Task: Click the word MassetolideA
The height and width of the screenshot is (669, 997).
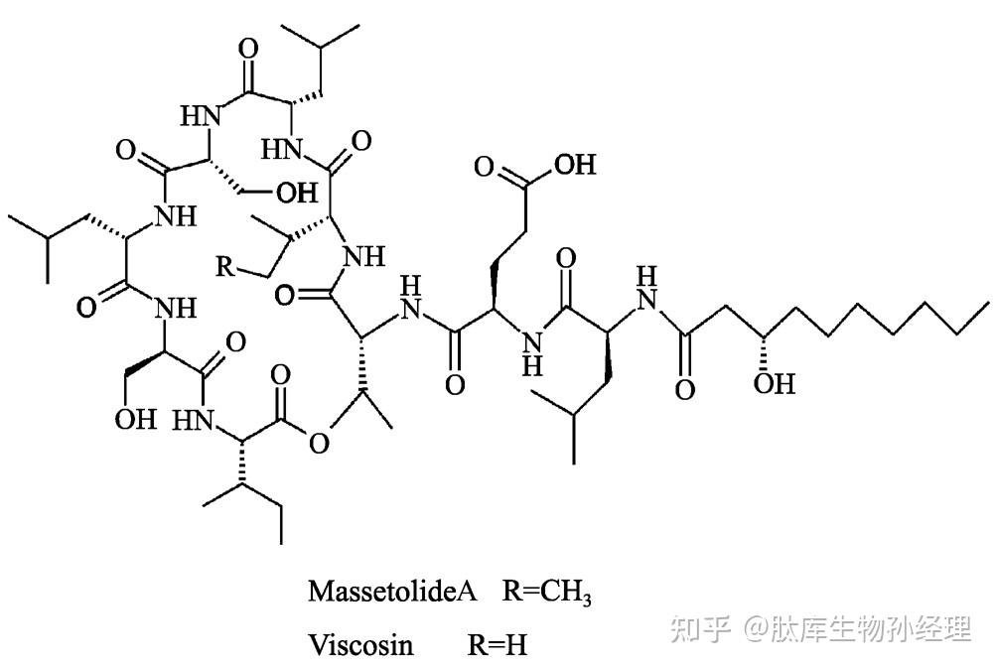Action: click(x=393, y=592)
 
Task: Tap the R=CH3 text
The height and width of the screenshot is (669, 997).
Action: click(x=547, y=593)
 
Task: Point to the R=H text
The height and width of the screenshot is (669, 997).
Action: click(x=497, y=645)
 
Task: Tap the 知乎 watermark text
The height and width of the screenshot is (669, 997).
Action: click(x=700, y=627)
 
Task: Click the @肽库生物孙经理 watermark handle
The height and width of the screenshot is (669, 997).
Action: click(x=859, y=627)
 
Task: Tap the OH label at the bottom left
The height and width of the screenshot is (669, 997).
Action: click(x=135, y=418)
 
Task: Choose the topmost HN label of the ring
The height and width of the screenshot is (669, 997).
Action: click(x=199, y=114)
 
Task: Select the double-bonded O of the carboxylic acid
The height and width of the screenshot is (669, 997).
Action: click(x=484, y=165)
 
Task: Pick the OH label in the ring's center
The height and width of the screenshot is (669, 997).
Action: click(x=297, y=191)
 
